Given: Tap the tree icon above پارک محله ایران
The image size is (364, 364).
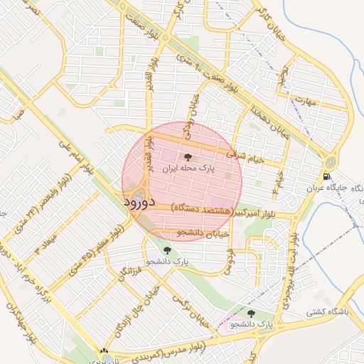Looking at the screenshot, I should click(x=188, y=157).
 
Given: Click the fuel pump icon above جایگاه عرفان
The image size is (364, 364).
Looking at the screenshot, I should click(x=326, y=177).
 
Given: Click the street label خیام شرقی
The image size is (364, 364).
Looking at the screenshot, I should click(x=245, y=156).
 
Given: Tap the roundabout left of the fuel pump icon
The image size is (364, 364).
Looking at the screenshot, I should click(x=329, y=161).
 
